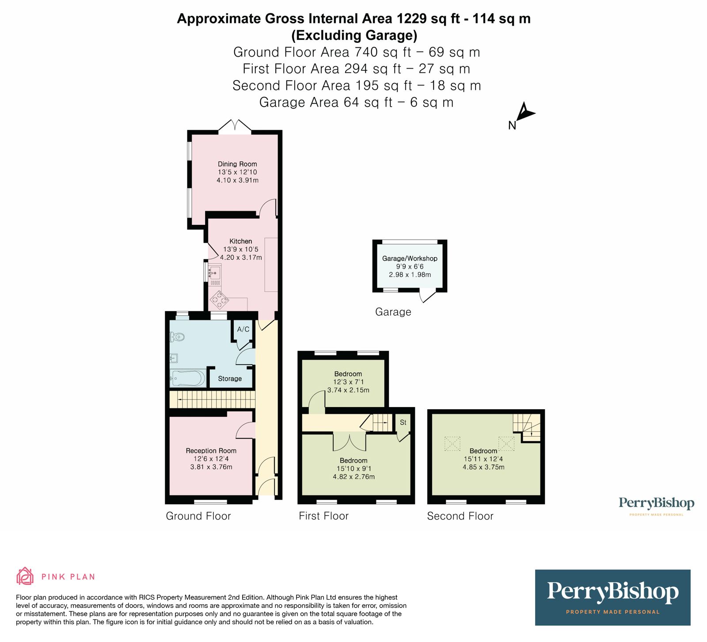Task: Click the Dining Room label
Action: point(237,164)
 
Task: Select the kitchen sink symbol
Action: point(215,270)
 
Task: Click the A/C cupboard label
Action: point(243,329)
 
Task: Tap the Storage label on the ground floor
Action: point(230,379)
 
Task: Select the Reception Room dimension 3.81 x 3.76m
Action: point(211,467)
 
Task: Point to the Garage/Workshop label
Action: point(410,258)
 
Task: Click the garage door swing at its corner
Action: point(427,296)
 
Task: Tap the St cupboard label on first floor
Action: point(403,423)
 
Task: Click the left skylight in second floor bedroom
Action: point(452,443)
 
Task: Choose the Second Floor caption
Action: point(460,516)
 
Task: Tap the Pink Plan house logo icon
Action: point(25,576)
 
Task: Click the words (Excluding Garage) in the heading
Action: point(354,35)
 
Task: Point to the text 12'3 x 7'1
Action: point(348,382)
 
